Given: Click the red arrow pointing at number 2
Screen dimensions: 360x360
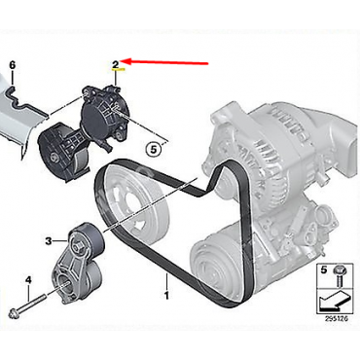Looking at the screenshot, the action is click(164, 62).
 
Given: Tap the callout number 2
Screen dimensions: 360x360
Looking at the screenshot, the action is click(116, 64).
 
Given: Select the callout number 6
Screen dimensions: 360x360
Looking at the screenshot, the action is click(13, 65).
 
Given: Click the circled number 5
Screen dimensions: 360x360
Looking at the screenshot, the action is click(153, 150).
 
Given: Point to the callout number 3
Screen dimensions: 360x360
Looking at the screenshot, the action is click(49, 241).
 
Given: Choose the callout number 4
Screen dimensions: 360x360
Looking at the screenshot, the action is click(28, 279).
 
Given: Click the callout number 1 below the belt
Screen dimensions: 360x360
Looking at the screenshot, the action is click(166, 296).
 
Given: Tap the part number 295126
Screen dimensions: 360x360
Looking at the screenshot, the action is click(337, 318).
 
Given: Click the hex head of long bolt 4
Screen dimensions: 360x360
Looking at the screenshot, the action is click(16, 313).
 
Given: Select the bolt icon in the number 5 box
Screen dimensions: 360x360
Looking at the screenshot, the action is click(340, 274).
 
